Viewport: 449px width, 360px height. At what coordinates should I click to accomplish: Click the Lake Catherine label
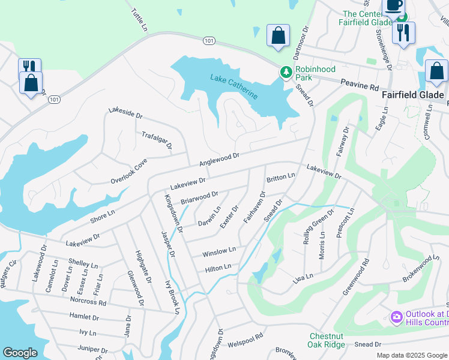click(x=234, y=86)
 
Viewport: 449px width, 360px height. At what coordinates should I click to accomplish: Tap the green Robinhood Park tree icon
click(x=286, y=73)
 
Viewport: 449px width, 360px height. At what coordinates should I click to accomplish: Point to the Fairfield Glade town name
click(x=413, y=95)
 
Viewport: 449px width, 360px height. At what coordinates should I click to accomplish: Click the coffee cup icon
click(x=393, y=5)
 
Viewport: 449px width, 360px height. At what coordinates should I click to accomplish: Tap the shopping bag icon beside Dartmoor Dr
click(x=278, y=35)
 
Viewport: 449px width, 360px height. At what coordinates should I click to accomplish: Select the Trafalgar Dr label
click(x=157, y=141)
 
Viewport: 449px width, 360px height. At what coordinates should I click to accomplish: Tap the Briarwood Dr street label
click(x=199, y=197)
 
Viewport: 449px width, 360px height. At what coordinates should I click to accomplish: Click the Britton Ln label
click(x=280, y=178)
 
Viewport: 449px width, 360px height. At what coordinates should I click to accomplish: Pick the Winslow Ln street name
click(x=219, y=251)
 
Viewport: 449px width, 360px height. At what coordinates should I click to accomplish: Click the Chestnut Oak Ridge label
click(x=327, y=340)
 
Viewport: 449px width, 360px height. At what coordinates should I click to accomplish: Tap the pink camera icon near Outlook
click(x=396, y=316)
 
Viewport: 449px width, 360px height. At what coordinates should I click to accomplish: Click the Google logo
click(x=20, y=353)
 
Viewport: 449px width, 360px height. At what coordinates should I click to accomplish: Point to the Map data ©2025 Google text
click(x=411, y=355)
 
